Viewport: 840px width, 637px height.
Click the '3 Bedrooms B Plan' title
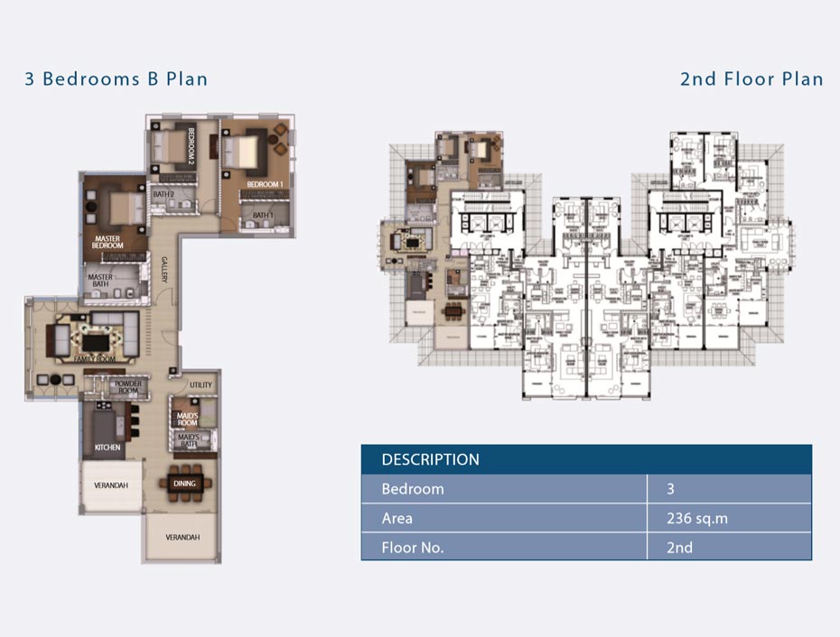117,79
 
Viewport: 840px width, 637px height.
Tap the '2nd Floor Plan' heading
751,79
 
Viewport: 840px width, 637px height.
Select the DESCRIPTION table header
430,459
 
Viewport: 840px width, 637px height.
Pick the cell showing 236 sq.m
696,519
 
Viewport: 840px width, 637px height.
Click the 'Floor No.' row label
412,548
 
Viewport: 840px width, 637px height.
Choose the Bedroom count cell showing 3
671,489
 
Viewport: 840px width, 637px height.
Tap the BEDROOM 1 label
266,184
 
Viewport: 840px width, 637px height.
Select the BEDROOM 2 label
191,146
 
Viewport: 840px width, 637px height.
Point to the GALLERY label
165,272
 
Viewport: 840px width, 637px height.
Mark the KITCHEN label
107,448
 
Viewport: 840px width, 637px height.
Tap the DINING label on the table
183,484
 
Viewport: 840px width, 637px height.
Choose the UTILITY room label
201,385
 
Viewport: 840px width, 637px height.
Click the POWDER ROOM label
127,388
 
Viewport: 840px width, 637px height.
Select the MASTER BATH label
100,282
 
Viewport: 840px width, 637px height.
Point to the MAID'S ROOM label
187,419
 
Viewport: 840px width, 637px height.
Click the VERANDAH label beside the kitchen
111,485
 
